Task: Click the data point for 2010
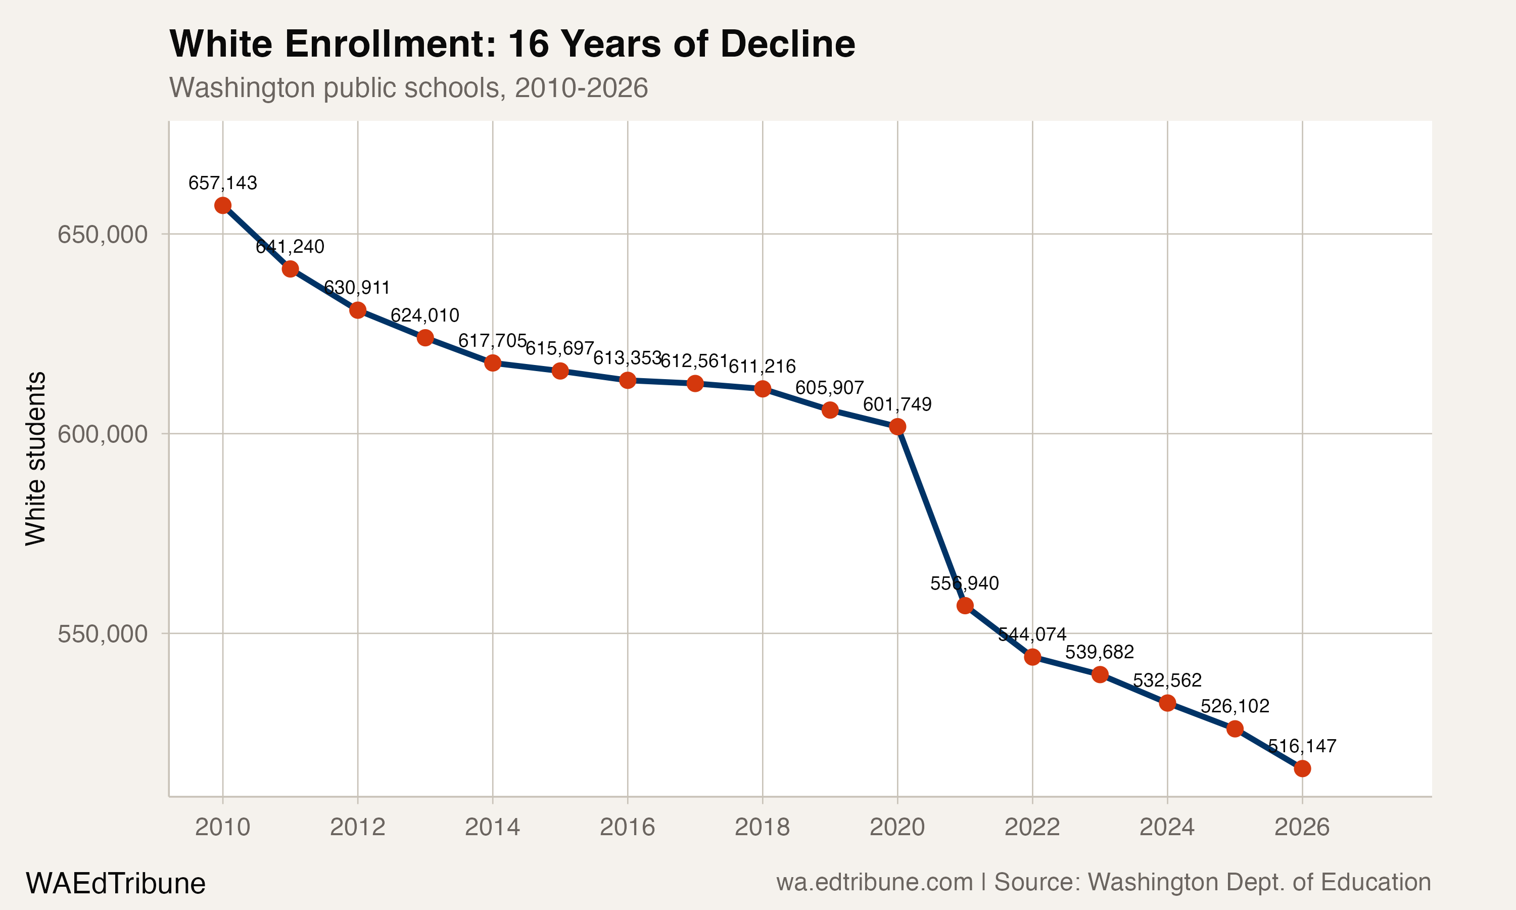(222, 205)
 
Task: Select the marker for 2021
(965, 606)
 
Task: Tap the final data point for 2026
(1302, 768)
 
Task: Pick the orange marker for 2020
(897, 427)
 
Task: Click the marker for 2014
(493, 363)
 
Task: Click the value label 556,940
(965, 583)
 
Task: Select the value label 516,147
(1302, 746)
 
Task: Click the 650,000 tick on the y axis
(103, 234)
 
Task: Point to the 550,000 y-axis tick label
(103, 634)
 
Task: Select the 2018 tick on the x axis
(762, 827)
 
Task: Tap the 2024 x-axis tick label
(1167, 827)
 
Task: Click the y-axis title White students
(35, 458)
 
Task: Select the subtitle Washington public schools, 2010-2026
(408, 87)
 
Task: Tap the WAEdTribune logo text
(115, 884)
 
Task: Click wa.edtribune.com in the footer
(874, 882)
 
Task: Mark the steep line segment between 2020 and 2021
(931, 516)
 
